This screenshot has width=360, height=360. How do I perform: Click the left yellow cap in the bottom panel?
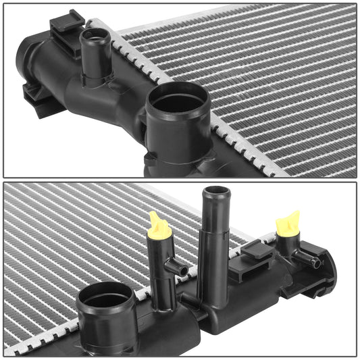[159, 226]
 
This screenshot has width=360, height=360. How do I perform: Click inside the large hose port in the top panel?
[178, 101]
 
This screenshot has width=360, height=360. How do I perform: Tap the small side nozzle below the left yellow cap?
[177, 268]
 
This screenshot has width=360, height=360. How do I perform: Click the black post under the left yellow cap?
[160, 270]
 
